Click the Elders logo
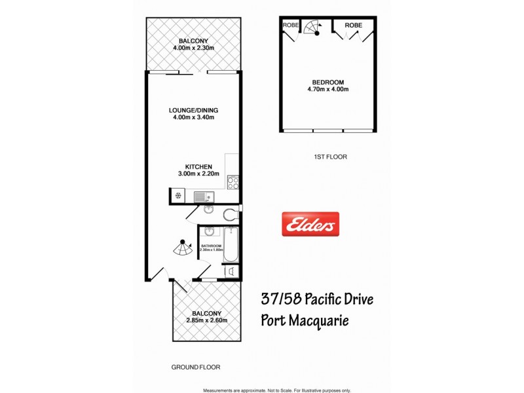pyautogui.click(x=310, y=225)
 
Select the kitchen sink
pyautogui.click(x=202, y=196)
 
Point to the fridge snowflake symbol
pyautogui.click(x=177, y=195)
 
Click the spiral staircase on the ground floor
pyautogui.click(x=178, y=248)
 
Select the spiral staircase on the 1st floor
pyautogui.click(x=316, y=27)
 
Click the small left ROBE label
pyautogui.click(x=290, y=25)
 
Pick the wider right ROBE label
pyautogui.click(x=353, y=25)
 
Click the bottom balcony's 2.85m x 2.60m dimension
pyautogui.click(x=206, y=320)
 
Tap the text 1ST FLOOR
pyautogui.click(x=330, y=157)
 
